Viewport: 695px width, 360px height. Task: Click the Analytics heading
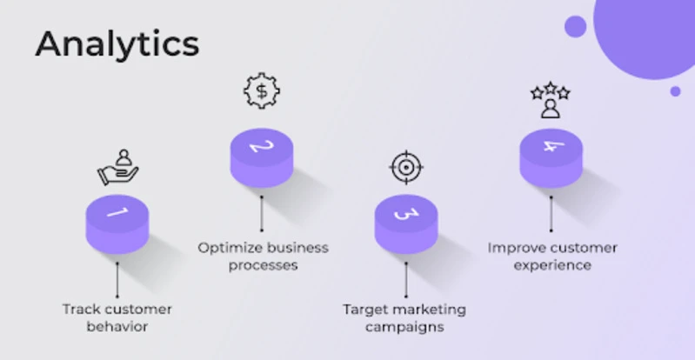click(117, 43)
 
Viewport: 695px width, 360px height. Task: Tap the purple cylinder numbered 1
click(117, 223)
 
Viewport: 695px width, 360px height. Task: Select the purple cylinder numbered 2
click(261, 157)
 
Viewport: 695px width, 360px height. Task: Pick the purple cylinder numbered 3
click(405, 223)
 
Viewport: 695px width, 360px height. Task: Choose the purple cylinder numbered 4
click(550, 157)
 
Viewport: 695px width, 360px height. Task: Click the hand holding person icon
click(117, 167)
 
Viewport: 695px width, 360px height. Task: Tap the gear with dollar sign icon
click(261, 91)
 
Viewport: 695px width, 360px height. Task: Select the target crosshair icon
click(405, 167)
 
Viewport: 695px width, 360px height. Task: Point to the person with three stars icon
click(550, 100)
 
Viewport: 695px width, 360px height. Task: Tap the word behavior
click(117, 327)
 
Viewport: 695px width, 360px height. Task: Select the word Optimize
click(230, 247)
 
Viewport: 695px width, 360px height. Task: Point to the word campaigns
click(404, 327)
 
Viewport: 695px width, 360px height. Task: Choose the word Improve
click(515, 247)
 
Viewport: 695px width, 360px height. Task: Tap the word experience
click(552, 265)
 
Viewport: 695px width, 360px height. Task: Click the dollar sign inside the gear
click(261, 91)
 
